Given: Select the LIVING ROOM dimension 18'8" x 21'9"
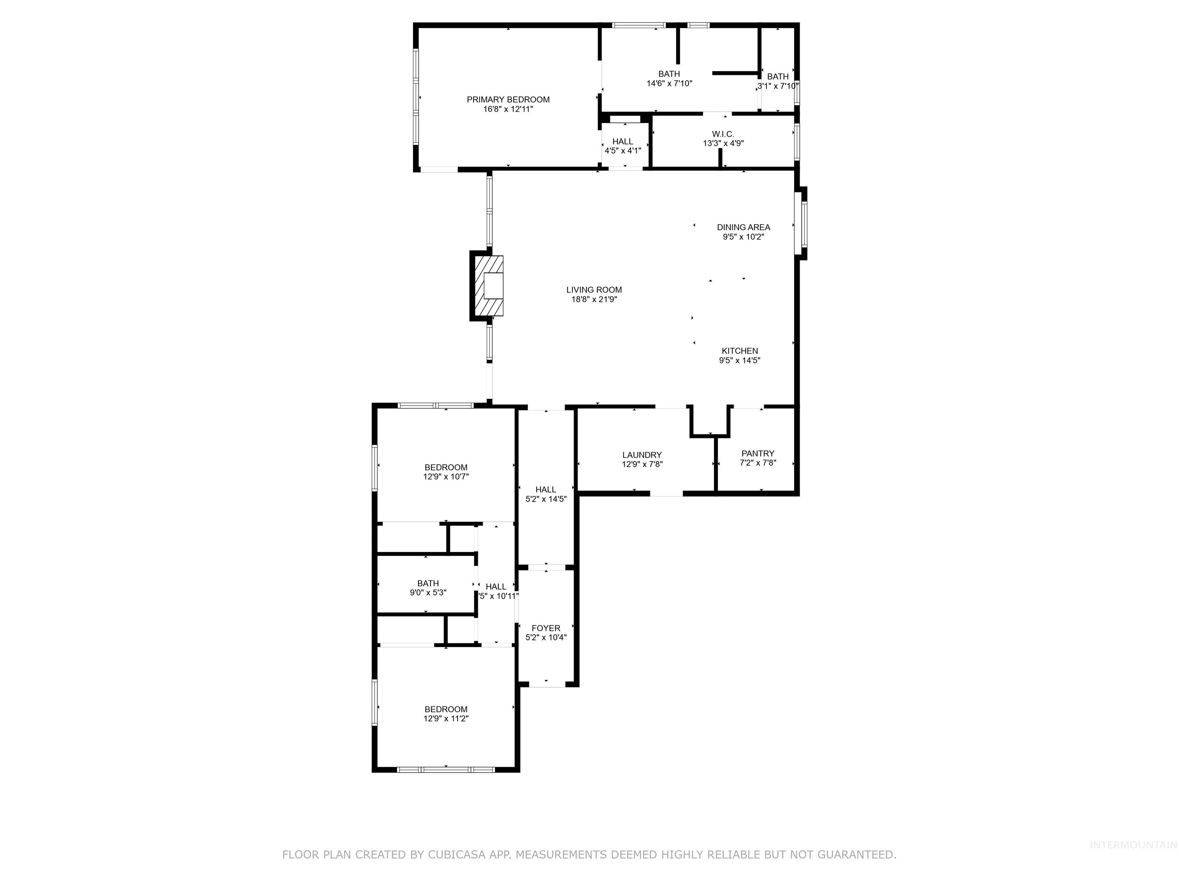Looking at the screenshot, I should [594, 300].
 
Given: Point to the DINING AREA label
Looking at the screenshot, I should [743, 227].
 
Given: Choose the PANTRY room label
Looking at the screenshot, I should [757, 453].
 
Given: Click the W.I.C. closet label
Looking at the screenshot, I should [723, 134].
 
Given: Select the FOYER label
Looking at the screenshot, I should [546, 628].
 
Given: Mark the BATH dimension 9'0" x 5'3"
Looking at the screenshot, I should [428, 593].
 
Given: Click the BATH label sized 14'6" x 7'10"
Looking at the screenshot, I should [669, 74].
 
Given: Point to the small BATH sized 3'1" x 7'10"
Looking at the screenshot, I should [778, 77].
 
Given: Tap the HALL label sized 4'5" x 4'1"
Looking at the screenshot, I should [623, 141].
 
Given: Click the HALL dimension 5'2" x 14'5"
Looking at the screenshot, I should [546, 499].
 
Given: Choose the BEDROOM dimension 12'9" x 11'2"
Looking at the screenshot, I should [446, 719].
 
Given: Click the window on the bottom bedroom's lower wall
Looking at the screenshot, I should [446, 770].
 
